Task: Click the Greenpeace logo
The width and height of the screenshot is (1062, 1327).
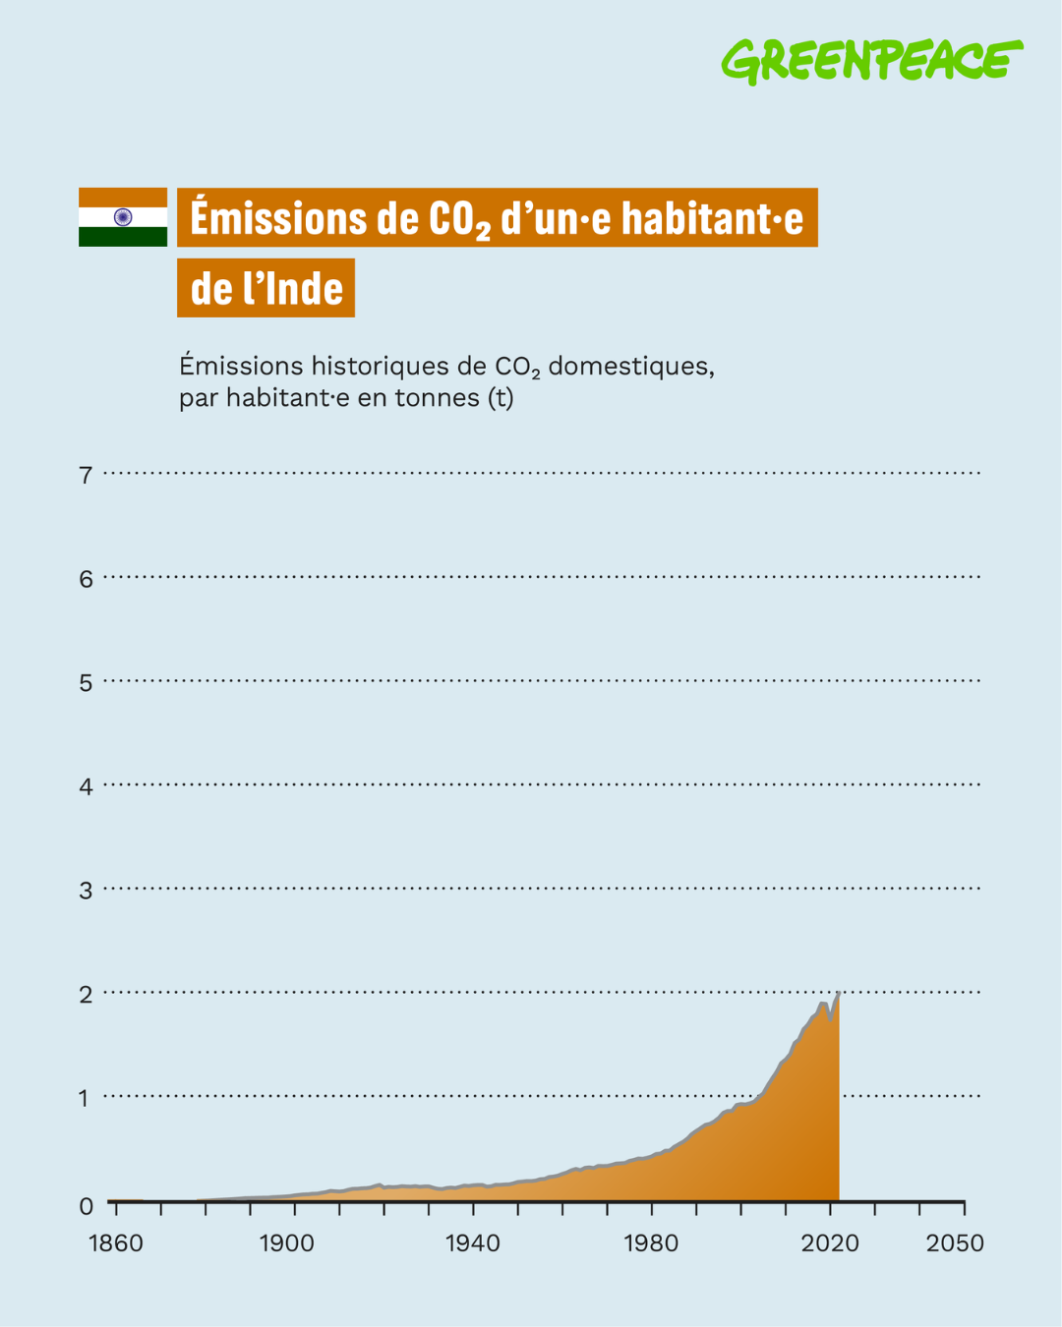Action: [871, 61]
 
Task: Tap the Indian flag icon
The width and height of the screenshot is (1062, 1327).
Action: [123, 217]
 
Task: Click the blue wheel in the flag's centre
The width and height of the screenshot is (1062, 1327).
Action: [123, 217]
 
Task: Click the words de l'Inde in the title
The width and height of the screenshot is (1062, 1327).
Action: [266, 289]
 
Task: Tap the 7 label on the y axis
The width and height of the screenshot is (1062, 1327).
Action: [87, 476]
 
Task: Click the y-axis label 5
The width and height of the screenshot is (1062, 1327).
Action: [87, 683]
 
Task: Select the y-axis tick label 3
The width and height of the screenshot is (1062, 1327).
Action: [87, 891]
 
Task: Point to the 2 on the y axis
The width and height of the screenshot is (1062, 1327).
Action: [87, 995]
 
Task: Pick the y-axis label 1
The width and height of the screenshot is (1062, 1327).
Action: [87, 1098]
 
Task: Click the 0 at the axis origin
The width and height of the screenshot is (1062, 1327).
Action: [87, 1206]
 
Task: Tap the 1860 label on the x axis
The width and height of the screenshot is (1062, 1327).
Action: [116, 1243]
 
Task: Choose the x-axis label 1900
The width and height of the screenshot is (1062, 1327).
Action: [287, 1243]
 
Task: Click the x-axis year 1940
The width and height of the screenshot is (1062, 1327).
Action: [473, 1243]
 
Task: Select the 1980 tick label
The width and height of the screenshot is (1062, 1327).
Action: [651, 1243]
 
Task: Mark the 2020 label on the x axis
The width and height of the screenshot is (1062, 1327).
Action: [830, 1243]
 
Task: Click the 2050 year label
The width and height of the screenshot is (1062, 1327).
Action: [955, 1243]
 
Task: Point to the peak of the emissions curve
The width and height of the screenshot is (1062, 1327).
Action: [838, 995]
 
